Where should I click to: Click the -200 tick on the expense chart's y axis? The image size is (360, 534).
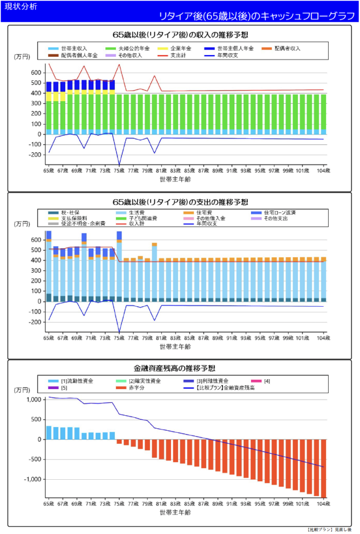click(x=35, y=322)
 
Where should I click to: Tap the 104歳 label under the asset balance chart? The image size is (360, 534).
click(x=323, y=505)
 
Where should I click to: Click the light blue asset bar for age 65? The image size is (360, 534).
click(x=49, y=433)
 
